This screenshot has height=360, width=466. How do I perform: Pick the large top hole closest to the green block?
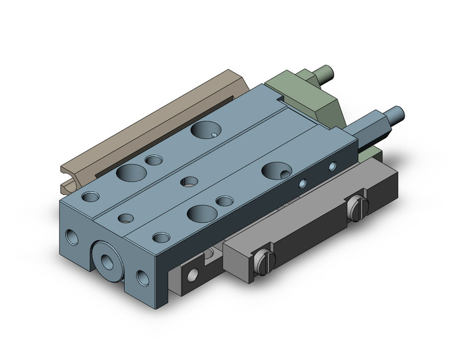tap(204, 129)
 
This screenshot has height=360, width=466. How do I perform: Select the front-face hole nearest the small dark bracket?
tap(143, 279)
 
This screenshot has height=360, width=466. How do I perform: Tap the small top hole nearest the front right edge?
tap(162, 237)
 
